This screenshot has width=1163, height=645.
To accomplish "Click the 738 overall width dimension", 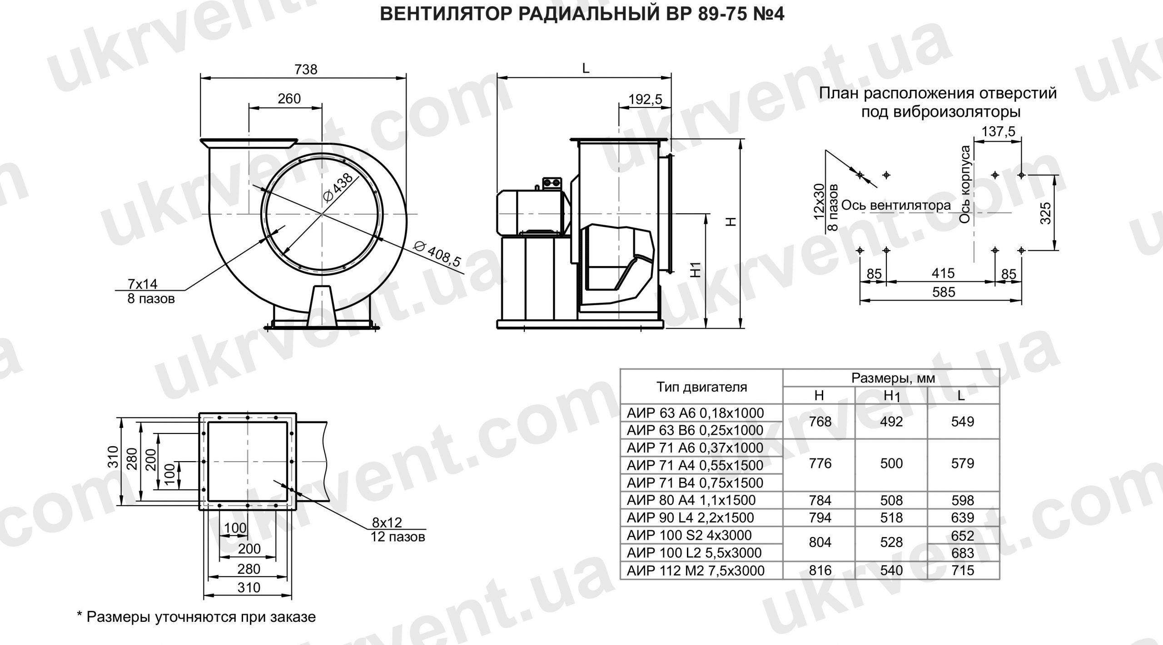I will point(306,69).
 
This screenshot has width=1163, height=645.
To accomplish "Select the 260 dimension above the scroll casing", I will point(289,98).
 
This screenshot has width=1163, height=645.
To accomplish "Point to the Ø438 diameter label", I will point(338,187).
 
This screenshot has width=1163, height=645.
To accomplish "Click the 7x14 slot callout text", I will point(142,284).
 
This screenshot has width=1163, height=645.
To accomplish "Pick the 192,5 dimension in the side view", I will point(645,99).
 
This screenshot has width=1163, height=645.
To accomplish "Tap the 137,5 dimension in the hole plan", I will point(998,132).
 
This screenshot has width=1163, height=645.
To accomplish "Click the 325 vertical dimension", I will point(1045,213).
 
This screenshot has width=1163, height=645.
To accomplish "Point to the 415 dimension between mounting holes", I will point(943,273).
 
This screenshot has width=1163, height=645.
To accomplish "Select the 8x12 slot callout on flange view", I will point(387,522).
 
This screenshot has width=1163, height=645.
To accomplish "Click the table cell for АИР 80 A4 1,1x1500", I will point(691,500).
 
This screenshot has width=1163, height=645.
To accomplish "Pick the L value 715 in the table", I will point(962,570).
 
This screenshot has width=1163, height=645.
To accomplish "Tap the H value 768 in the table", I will point(820,422).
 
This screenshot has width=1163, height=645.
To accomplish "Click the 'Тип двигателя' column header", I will point(701,387).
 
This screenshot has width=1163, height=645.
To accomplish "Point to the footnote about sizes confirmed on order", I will point(196,617).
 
